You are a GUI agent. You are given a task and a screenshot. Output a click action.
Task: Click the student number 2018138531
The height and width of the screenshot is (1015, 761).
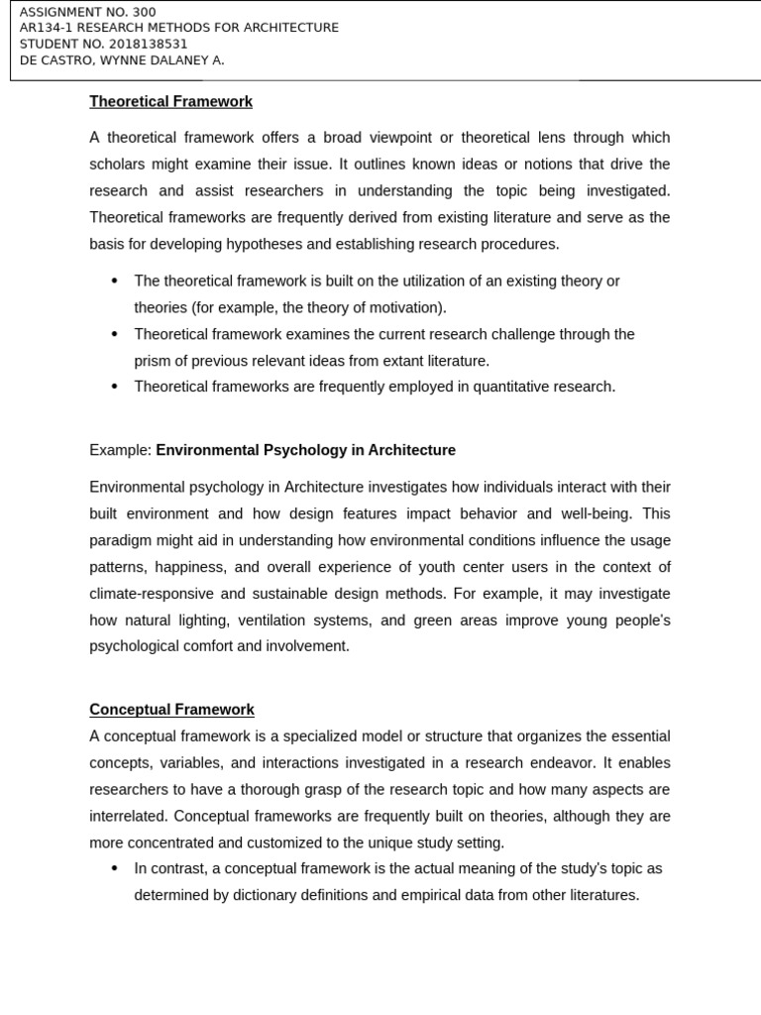coord(145,44)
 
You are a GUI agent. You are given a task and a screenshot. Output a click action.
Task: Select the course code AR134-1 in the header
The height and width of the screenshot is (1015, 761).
coord(47,28)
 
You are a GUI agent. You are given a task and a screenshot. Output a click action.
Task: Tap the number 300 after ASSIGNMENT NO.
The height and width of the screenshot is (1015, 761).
coord(143,12)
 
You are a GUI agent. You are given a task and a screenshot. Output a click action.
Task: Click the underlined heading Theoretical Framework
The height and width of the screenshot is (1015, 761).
coord(170,101)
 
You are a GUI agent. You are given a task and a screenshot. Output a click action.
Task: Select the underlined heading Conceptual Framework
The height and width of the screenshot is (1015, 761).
coord(171,710)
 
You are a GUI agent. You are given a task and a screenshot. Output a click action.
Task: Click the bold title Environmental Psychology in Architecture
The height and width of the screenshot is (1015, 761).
coord(305,450)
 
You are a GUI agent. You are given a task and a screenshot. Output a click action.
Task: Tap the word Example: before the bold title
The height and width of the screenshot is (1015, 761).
coord(120,450)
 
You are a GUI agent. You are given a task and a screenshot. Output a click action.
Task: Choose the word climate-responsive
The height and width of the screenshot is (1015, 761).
coord(149,594)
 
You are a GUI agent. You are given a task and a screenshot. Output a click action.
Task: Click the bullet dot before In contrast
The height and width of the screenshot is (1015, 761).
coord(115,868)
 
